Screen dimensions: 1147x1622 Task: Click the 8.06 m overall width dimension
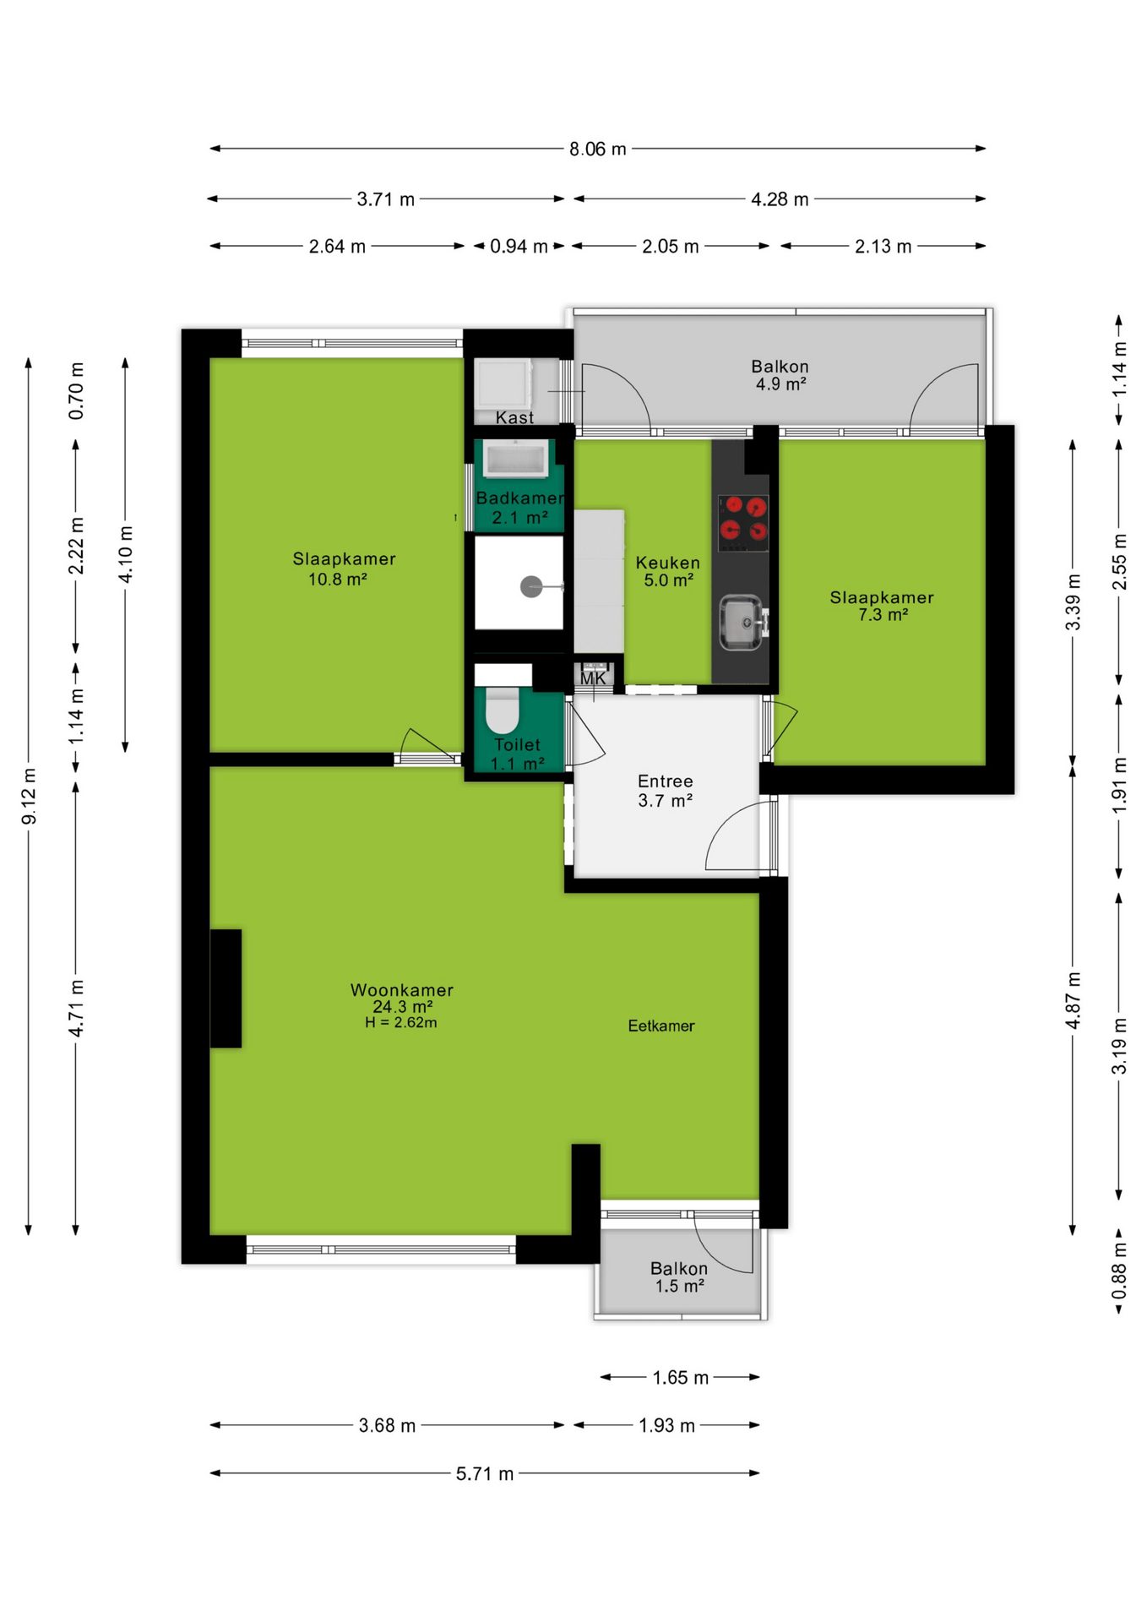point(597,149)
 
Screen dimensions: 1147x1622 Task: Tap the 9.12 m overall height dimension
point(29,796)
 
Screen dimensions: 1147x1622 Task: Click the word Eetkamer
point(661,1026)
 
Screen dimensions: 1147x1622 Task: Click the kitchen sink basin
point(742,623)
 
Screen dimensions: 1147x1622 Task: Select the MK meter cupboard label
point(593,678)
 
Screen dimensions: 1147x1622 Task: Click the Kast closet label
point(514,417)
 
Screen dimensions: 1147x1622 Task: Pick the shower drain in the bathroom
point(531,586)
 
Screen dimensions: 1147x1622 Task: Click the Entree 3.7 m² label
point(666,791)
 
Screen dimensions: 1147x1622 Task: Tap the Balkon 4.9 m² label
point(780,374)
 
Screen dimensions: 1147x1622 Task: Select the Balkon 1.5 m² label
point(679,1276)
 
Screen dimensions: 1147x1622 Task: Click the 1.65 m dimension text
point(680,1378)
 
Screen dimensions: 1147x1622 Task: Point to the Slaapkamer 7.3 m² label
point(882,606)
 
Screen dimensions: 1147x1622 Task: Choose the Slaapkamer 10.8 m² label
point(344,569)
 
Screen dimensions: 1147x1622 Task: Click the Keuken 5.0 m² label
point(668,571)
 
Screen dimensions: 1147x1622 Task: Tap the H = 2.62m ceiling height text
point(401,1022)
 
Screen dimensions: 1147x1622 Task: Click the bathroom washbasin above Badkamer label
point(515,460)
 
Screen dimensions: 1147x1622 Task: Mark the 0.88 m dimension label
point(1119,1271)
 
